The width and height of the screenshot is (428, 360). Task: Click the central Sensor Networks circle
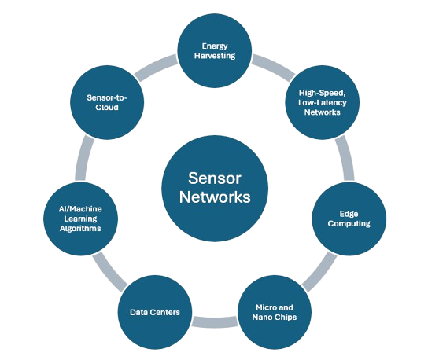(214, 188)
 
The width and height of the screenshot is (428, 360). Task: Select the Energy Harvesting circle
(215, 50)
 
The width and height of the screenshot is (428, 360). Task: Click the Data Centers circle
(154, 312)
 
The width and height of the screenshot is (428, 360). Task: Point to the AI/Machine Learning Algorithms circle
(83, 218)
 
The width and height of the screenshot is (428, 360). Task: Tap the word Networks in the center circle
(214, 197)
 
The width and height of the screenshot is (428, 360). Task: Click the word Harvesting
(215, 57)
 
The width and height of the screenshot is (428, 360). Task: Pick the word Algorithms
(83, 228)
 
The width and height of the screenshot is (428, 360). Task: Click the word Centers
(166, 313)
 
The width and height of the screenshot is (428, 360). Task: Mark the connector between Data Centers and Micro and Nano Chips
(213, 321)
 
